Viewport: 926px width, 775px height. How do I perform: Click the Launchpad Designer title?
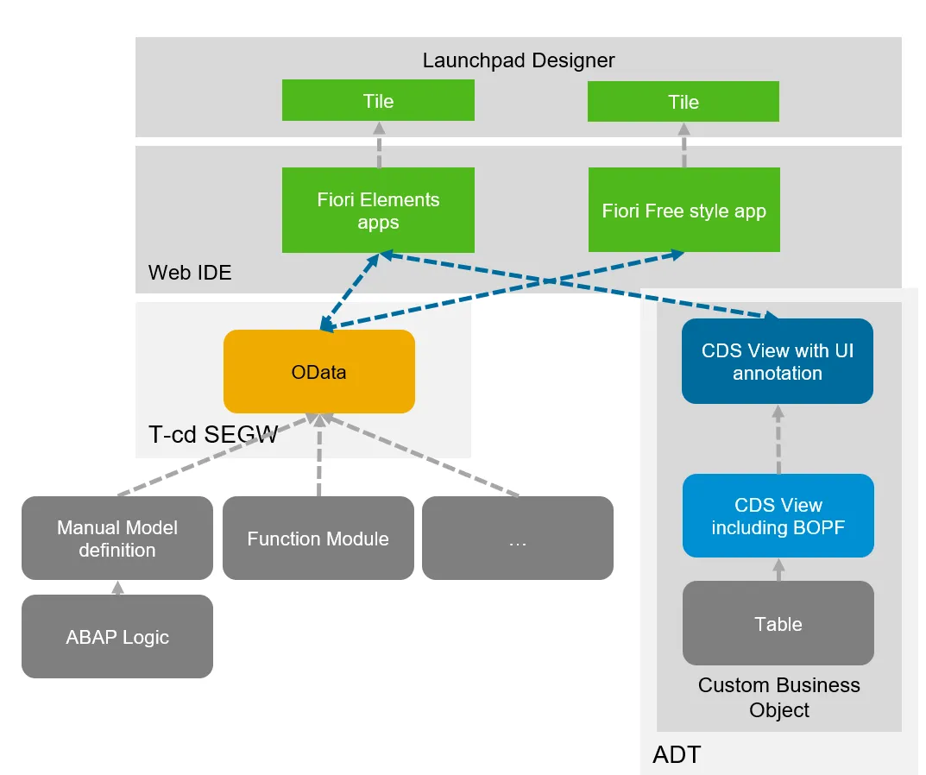pos(518,60)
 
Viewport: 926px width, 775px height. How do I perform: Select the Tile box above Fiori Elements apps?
pos(378,101)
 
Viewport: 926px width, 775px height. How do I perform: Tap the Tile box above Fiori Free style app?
pos(683,102)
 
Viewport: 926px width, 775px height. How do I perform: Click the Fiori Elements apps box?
pos(378,211)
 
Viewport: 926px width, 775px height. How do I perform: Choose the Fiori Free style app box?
pos(683,211)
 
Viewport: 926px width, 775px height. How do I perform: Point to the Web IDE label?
pos(190,273)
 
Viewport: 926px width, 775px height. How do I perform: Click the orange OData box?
pos(318,372)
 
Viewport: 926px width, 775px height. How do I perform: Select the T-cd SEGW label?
pos(213,434)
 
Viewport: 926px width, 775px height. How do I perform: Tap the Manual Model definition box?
pos(117,538)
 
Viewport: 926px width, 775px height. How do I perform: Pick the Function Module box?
pos(318,539)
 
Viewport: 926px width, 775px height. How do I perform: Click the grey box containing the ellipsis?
pos(517,539)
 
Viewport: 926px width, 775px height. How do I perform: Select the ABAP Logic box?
pos(117,637)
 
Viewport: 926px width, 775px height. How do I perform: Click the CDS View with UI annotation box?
pos(777,362)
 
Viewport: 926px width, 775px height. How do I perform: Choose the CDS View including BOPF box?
pos(778,516)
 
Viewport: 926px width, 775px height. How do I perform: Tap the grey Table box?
pos(778,623)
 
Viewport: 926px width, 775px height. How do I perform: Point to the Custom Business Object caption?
pos(778,697)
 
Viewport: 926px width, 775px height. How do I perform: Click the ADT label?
pos(677,755)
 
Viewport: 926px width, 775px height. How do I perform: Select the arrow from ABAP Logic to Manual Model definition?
pos(118,588)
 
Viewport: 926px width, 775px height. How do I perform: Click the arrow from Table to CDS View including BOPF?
pos(778,569)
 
